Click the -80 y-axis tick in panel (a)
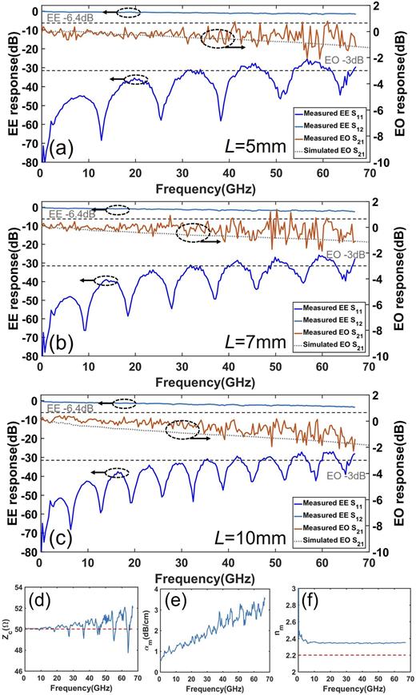click(x=27, y=162)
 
